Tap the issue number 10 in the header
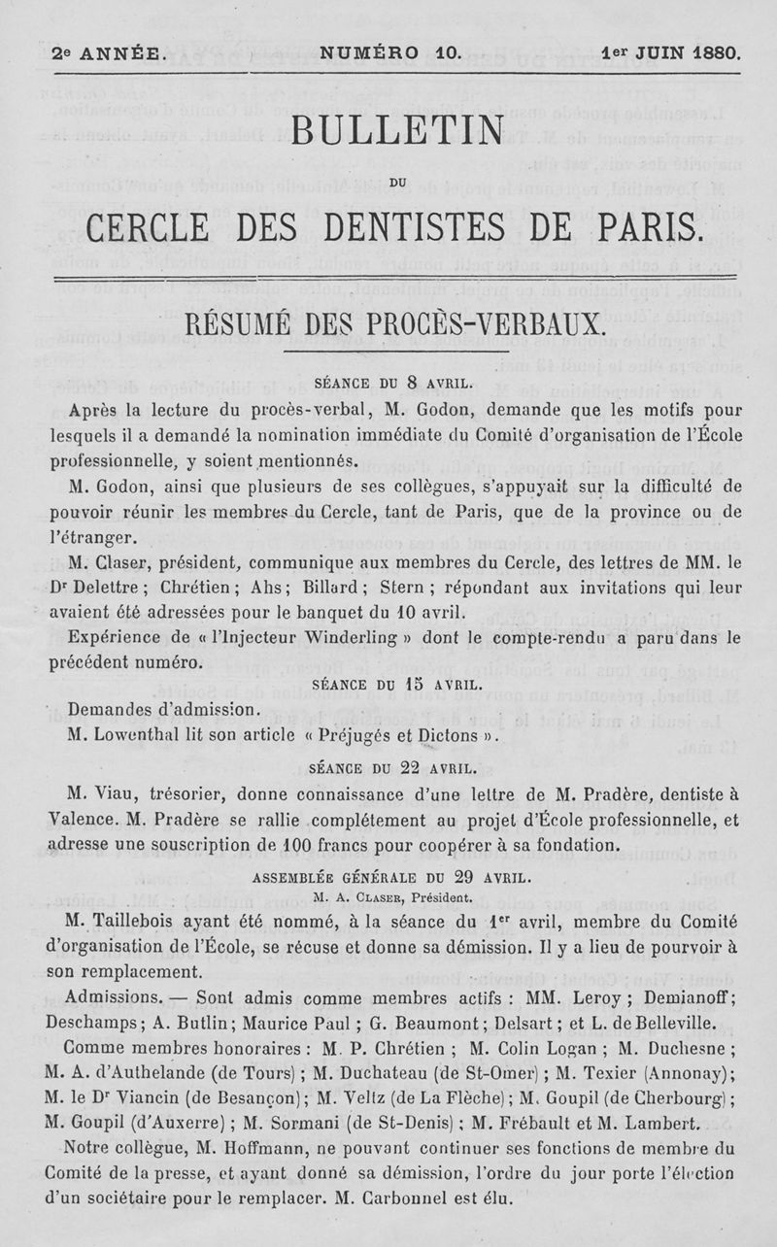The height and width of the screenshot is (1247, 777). (x=447, y=52)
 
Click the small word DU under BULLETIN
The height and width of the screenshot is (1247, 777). (x=396, y=180)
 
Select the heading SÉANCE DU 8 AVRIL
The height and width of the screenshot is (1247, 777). (x=393, y=382)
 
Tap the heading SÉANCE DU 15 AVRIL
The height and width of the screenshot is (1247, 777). (x=396, y=685)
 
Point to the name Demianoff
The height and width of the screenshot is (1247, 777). (x=691, y=998)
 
